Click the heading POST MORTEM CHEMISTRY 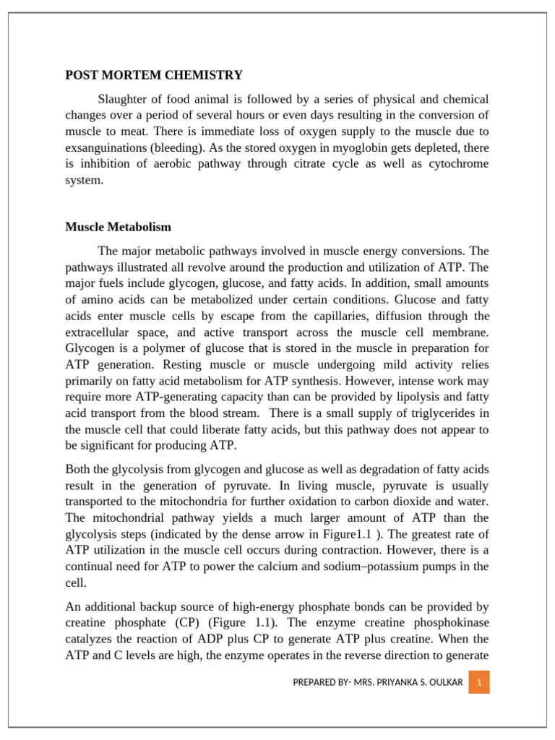click(x=154, y=75)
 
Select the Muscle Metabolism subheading click(x=119, y=227)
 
